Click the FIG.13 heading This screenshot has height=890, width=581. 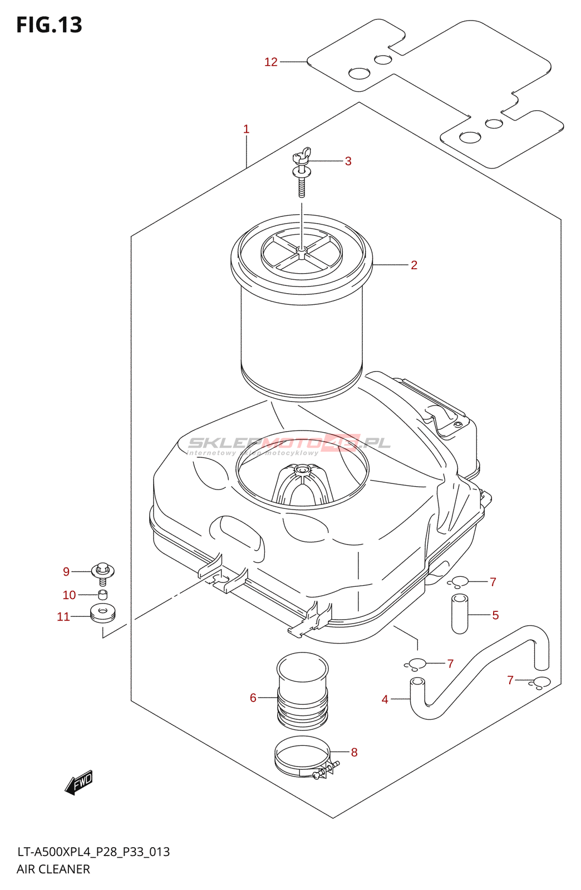(x=50, y=25)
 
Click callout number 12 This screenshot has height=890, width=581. (x=271, y=62)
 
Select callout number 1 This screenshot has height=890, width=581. (x=246, y=129)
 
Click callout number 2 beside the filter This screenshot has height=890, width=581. (x=414, y=265)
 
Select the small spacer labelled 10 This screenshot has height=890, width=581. (x=103, y=595)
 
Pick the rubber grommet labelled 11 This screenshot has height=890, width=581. (x=102, y=612)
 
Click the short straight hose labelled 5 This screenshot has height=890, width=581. (x=460, y=614)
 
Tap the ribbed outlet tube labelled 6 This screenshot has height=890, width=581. (x=302, y=693)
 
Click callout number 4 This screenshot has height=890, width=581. (x=385, y=699)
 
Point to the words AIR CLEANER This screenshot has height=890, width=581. (x=53, y=869)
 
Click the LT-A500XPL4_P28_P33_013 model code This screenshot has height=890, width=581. (x=93, y=852)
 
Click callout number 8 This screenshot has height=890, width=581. (x=354, y=752)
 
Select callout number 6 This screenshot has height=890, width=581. (x=253, y=698)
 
